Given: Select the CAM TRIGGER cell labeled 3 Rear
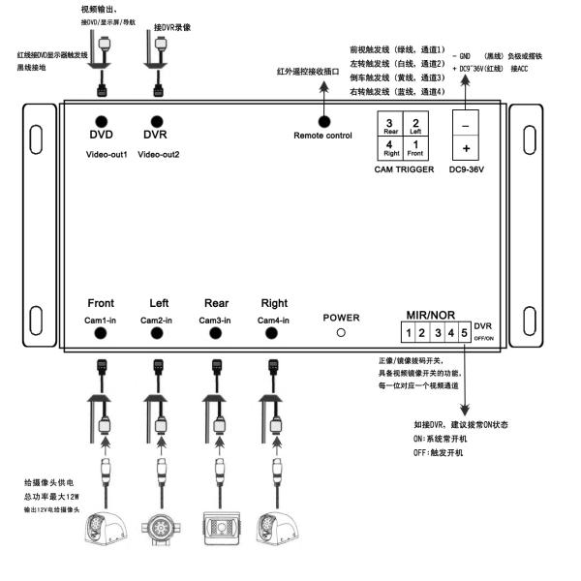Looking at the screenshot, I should pos(389,124).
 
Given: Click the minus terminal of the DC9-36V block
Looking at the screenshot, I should pos(466,125).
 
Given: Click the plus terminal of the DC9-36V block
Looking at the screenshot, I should pos(466,148).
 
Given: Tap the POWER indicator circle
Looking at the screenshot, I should pos(340,331).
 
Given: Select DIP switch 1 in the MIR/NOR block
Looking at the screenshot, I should pos(410,334).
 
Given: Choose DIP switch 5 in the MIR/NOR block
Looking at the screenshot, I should pos(465,334).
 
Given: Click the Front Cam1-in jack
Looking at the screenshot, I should pos(101,334).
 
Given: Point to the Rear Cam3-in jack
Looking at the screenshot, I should pos(217,334).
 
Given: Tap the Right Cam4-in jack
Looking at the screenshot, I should pos(274,334).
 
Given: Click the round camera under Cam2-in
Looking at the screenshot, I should pos(159,529).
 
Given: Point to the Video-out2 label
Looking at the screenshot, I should pos(159,154).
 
